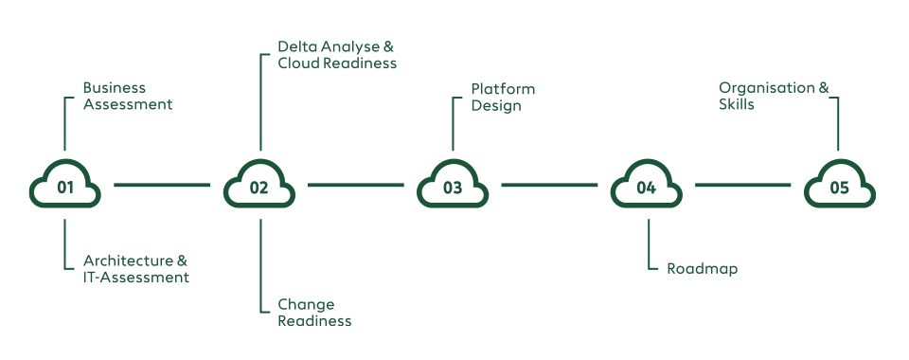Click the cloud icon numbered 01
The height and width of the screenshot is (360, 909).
coord(65,186)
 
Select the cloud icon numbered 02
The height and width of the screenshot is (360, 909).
coord(259,186)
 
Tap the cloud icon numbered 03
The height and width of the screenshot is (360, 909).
coord(453,186)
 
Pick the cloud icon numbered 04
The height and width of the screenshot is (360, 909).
coord(647,186)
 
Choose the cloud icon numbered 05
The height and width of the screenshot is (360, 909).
coord(840,186)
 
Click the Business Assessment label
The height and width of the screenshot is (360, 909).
coord(128,97)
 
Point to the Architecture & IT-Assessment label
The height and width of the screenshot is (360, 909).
coord(135,269)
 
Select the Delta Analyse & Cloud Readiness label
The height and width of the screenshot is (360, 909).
coord(336,55)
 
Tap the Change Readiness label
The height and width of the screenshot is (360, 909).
coord(314,313)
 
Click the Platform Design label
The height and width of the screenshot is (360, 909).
coord(503,98)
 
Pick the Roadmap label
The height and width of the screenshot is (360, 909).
coord(702,269)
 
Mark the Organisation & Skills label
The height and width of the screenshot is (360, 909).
coord(773,97)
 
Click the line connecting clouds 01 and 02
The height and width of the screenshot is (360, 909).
coord(162,186)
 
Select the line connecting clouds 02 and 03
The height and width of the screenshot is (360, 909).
coord(355,186)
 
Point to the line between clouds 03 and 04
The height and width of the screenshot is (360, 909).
coord(549,186)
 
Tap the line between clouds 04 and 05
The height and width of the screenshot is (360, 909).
coord(742,186)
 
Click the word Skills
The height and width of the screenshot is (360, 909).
coord(737,105)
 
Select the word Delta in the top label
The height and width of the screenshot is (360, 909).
coord(295,46)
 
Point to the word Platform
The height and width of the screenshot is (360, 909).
coord(503,89)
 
